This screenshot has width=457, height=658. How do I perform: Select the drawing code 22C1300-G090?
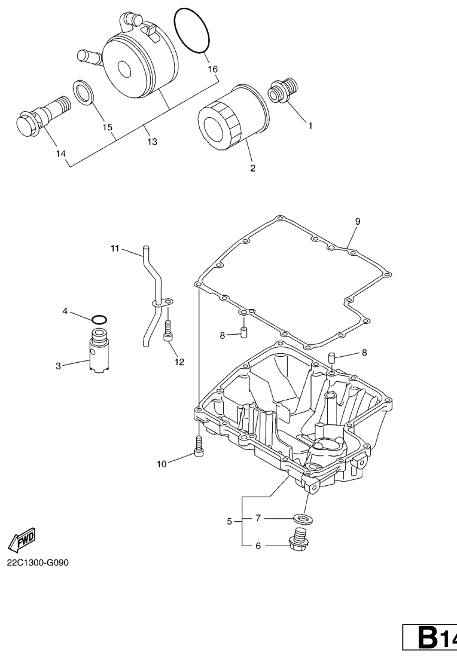[37, 562]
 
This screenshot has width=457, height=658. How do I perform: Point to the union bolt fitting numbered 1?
[283, 90]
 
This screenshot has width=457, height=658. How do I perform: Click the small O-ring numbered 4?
[99, 320]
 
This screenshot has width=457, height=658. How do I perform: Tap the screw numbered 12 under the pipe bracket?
[167, 329]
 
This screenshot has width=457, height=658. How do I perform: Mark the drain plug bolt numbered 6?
[298, 537]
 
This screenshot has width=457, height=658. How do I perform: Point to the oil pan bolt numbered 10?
[199, 446]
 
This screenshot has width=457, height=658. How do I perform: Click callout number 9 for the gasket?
[358, 221]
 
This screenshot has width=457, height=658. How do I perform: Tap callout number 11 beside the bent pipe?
[115, 249]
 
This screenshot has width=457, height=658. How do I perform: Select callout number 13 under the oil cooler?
[152, 142]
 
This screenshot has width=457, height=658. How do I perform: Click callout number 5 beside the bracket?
[229, 522]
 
